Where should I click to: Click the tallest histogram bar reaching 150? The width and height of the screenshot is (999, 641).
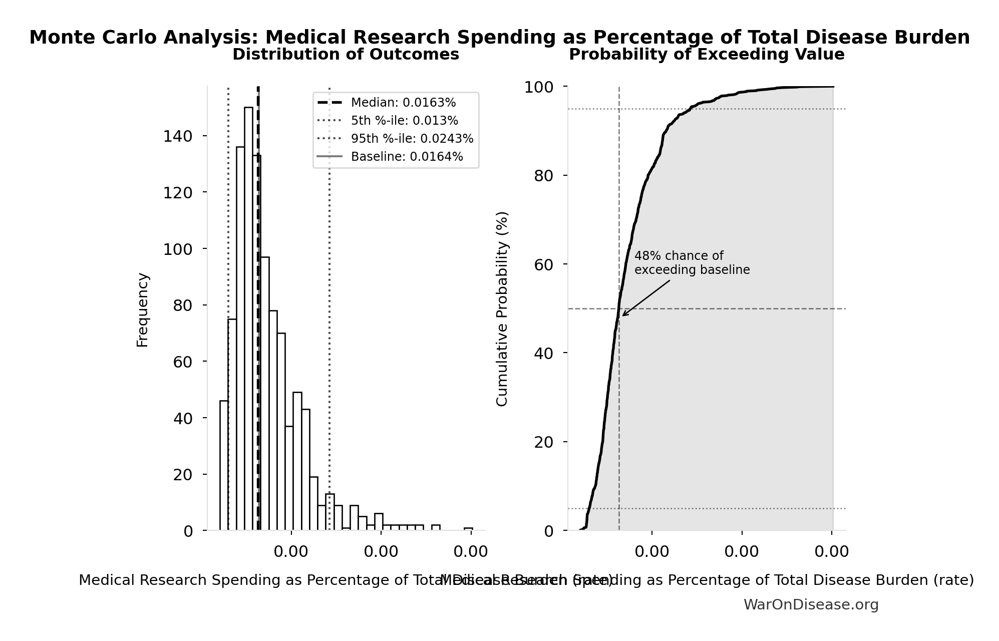(248, 320)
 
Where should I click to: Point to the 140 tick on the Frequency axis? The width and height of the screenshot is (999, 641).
(178, 136)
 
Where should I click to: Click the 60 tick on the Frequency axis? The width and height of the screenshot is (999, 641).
(183, 362)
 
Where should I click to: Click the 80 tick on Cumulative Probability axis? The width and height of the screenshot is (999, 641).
(544, 176)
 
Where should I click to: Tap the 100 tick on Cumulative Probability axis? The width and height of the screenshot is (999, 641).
(539, 87)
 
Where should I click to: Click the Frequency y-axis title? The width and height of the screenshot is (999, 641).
(143, 309)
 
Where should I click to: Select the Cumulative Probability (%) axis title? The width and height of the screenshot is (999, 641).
(502, 308)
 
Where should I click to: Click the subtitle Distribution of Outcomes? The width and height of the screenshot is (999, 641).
(346, 55)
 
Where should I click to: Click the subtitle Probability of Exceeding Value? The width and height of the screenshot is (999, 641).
(707, 55)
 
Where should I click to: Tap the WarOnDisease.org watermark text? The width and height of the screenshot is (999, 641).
(811, 604)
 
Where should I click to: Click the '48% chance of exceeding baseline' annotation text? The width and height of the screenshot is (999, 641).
(692, 263)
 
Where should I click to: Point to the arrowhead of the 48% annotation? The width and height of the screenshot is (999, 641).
(623, 315)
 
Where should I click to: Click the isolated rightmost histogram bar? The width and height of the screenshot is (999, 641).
(468, 529)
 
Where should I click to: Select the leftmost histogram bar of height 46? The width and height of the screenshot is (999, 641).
(224, 466)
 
